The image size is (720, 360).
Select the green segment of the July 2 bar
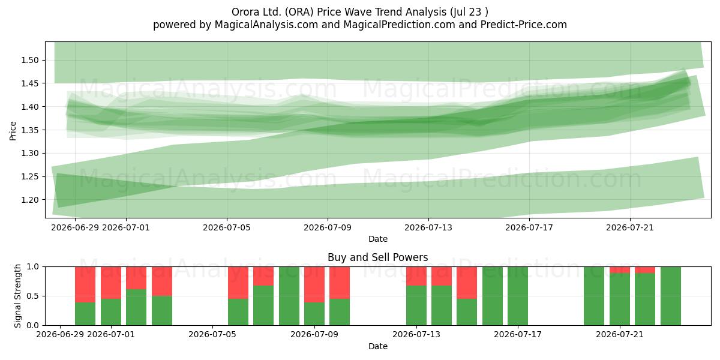[x=136, y=307]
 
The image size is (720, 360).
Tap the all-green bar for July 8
[x=289, y=296]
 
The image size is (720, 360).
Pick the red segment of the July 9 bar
[x=314, y=284]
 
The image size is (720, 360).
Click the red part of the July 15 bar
[x=467, y=283]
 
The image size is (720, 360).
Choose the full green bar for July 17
[x=518, y=296]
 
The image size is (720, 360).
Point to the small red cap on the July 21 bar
[x=620, y=270]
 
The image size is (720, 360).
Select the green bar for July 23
[x=671, y=296]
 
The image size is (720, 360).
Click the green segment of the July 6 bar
[x=238, y=312]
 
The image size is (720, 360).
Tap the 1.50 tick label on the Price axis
[x=29, y=61]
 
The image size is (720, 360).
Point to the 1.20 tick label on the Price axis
[x=29, y=200]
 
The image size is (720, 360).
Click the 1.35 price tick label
[x=29, y=130]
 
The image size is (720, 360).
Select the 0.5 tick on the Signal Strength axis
[x=33, y=296]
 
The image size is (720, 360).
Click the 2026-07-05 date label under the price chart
[x=227, y=228]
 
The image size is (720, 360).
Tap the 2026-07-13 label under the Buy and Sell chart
[x=416, y=335]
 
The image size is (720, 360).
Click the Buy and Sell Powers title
[x=377, y=257]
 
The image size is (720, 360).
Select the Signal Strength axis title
[x=17, y=296]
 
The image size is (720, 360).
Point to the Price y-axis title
[x=13, y=131]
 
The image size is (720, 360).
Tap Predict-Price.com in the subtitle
[x=524, y=25]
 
